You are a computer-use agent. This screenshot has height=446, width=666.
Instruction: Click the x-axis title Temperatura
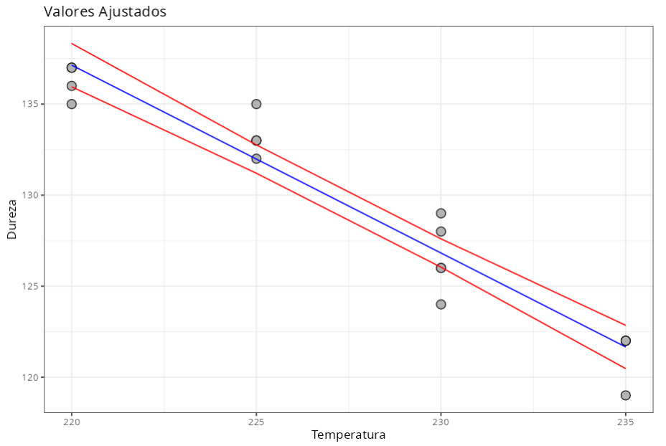point(348,435)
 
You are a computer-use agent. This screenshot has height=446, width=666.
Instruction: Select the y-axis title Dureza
point(11,219)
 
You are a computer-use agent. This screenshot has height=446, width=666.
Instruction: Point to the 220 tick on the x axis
point(71,422)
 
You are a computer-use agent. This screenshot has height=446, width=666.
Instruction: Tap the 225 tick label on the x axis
point(256,422)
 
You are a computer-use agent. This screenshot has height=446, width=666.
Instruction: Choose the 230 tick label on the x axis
point(441,422)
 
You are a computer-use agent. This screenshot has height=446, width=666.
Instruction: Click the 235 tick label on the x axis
point(625,422)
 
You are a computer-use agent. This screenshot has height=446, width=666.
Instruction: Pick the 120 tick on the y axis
point(32,377)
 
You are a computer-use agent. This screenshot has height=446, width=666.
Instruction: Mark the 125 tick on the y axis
point(32,286)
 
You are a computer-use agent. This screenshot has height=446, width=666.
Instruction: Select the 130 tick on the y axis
point(32,195)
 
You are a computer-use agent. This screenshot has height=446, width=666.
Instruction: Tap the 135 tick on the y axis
point(32,104)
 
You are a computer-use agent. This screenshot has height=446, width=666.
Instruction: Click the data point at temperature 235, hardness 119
point(626,395)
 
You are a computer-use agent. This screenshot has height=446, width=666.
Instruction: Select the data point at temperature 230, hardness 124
point(441,304)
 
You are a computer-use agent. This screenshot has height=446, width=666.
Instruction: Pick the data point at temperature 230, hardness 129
point(441,213)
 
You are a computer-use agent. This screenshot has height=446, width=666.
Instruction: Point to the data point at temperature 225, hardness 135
point(256,104)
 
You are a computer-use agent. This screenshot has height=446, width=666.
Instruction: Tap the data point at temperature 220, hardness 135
point(71,104)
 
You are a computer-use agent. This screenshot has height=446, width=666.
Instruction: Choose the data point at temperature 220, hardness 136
point(71,86)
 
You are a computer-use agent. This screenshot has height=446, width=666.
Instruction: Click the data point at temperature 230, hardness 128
point(441,232)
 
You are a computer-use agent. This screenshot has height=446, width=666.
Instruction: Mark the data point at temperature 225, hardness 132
point(256,158)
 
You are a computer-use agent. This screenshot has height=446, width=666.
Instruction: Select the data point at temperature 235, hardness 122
point(626,341)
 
